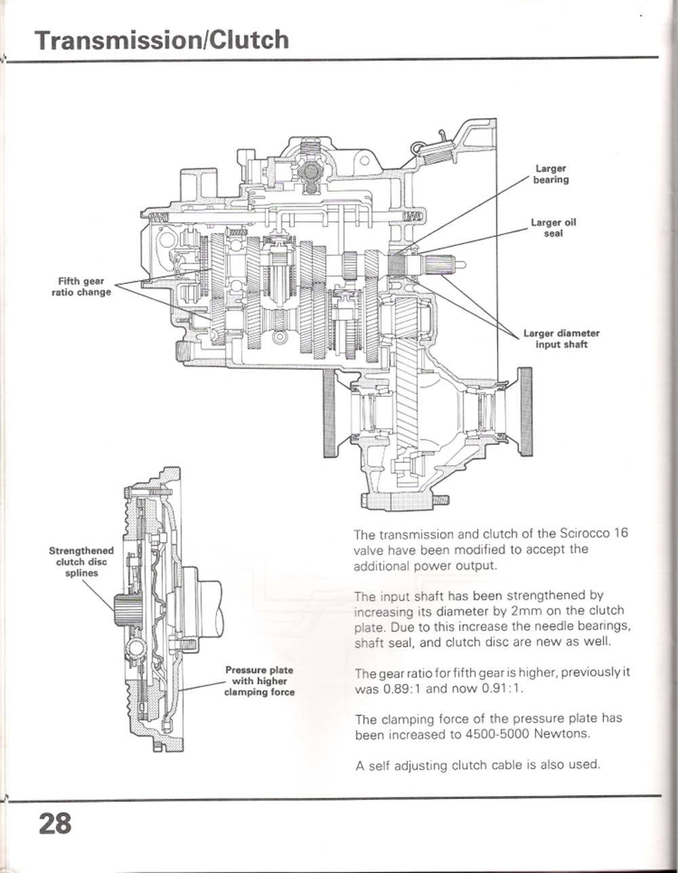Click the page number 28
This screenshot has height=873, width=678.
pos(54,824)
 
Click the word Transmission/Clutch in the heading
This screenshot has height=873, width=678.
pos(162,40)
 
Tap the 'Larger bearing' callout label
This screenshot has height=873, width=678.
pos(551,174)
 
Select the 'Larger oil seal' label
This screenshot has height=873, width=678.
pos(553,228)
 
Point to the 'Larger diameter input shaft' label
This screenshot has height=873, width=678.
pos(561,339)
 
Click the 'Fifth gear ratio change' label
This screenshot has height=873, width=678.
pos(81,287)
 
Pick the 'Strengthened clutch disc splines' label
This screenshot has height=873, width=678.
pos(81,562)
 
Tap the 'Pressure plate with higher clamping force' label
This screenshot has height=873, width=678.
pos(259,681)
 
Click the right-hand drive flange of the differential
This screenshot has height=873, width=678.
pos(524,412)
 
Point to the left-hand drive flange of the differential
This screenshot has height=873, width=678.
pos(330,413)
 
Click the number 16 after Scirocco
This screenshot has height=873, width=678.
pos(620,533)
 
